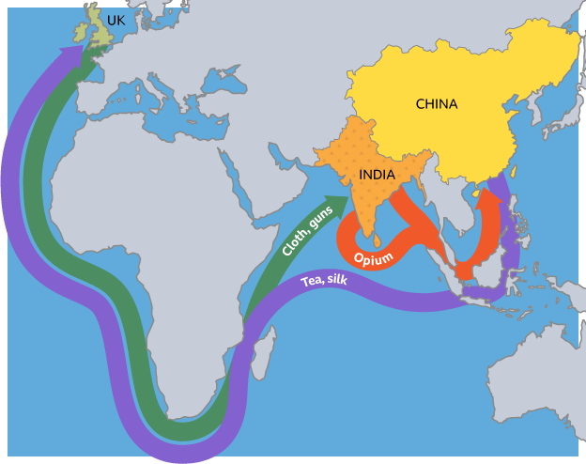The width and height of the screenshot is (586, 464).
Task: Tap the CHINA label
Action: [x=436, y=104]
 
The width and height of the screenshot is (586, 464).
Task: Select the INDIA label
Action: [x=377, y=174]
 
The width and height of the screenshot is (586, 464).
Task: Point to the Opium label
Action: [x=373, y=256]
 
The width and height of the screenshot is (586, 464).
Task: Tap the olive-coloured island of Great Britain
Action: [x=100, y=31]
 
